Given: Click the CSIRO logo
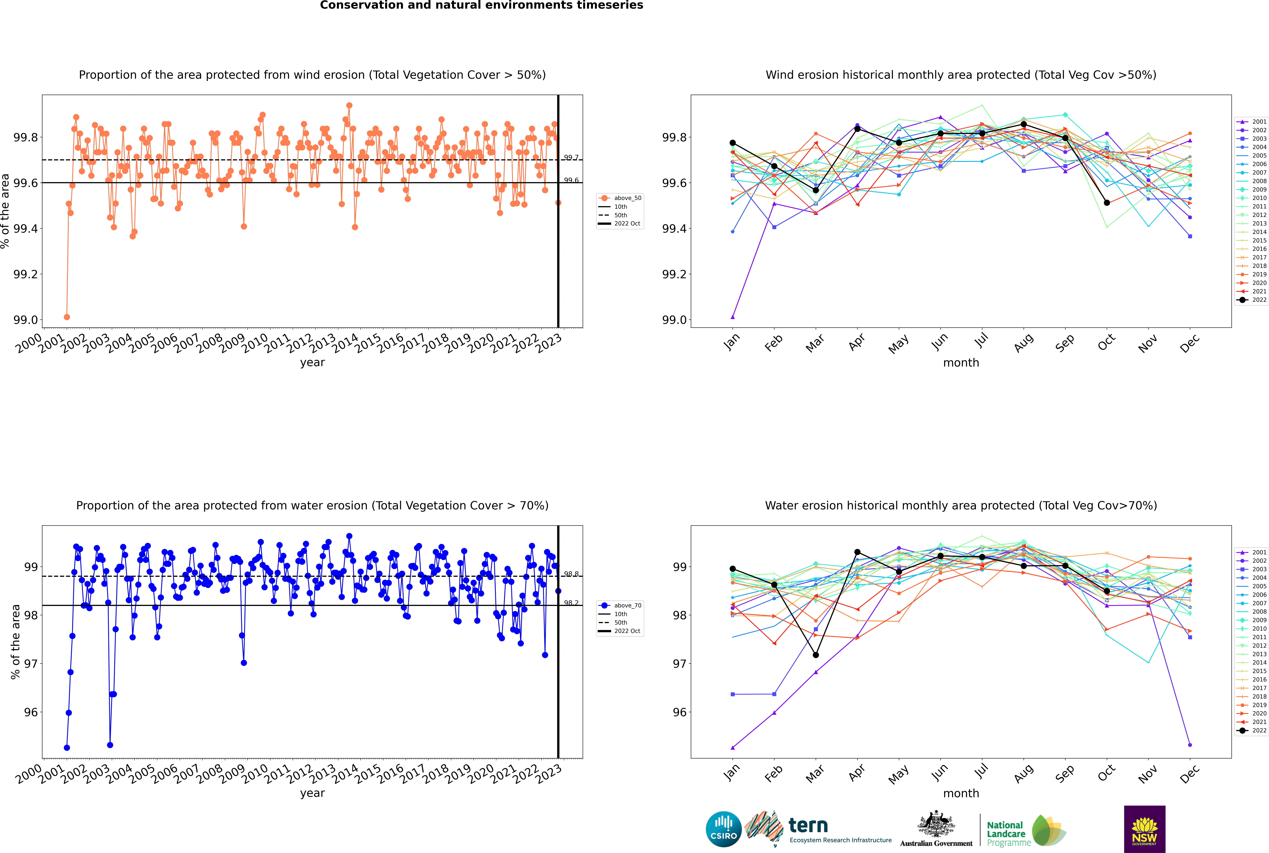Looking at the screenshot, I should pyautogui.click(x=723, y=829).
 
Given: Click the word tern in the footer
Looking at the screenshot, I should pyautogui.click(x=808, y=826).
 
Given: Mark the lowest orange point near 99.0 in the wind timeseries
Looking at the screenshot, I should pyautogui.click(x=67, y=317).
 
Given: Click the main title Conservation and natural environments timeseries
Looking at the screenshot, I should pyautogui.click(x=481, y=5).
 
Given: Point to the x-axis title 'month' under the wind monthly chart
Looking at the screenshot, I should pyautogui.click(x=961, y=363).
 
